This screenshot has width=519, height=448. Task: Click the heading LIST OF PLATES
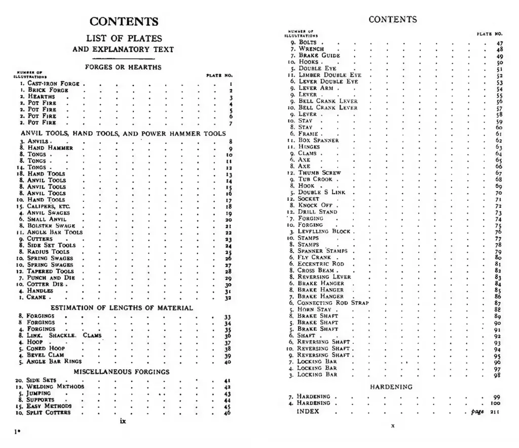tap(124, 39)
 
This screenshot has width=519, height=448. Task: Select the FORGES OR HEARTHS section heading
tap(123, 67)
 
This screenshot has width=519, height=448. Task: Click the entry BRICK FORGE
tap(51, 90)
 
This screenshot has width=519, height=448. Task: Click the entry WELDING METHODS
tap(55, 387)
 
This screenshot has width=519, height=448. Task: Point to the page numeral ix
tap(123, 422)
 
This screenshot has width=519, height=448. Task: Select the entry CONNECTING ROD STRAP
tap(332, 303)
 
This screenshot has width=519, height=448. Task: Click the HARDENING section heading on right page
tap(391, 387)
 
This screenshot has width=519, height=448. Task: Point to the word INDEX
tap(308, 412)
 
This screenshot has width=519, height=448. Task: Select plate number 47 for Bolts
tap(500, 43)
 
